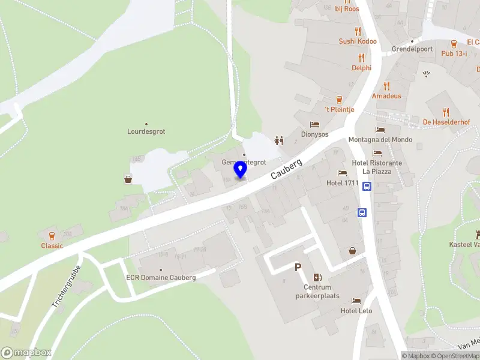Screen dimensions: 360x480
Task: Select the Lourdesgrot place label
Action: pyautogui.click(x=146, y=131)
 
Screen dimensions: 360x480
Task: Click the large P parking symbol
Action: pyautogui.click(x=298, y=268)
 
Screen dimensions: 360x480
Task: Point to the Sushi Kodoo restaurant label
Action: pyautogui.click(x=358, y=41)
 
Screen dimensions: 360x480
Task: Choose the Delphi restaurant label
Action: pyautogui.click(x=361, y=68)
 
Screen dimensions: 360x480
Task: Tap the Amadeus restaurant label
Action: pyautogui.click(x=386, y=96)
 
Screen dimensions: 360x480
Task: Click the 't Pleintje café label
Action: pyautogui.click(x=340, y=109)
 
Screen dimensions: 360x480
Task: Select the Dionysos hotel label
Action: pyautogui.click(x=315, y=134)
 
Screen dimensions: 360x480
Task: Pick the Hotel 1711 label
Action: pyautogui.click(x=342, y=183)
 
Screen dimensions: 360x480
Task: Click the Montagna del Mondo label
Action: pyautogui.click(x=380, y=140)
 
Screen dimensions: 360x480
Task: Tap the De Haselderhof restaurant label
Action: pyautogui.click(x=446, y=122)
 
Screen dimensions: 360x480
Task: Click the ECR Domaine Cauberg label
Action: pyautogui.click(x=160, y=278)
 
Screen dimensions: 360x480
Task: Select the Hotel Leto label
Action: pyautogui.click(x=356, y=310)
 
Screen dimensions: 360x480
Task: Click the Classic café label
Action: pyautogui.click(x=52, y=245)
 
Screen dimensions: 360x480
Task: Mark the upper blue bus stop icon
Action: pyautogui.click(x=367, y=187)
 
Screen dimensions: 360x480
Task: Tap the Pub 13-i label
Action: pyautogui.click(x=454, y=53)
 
